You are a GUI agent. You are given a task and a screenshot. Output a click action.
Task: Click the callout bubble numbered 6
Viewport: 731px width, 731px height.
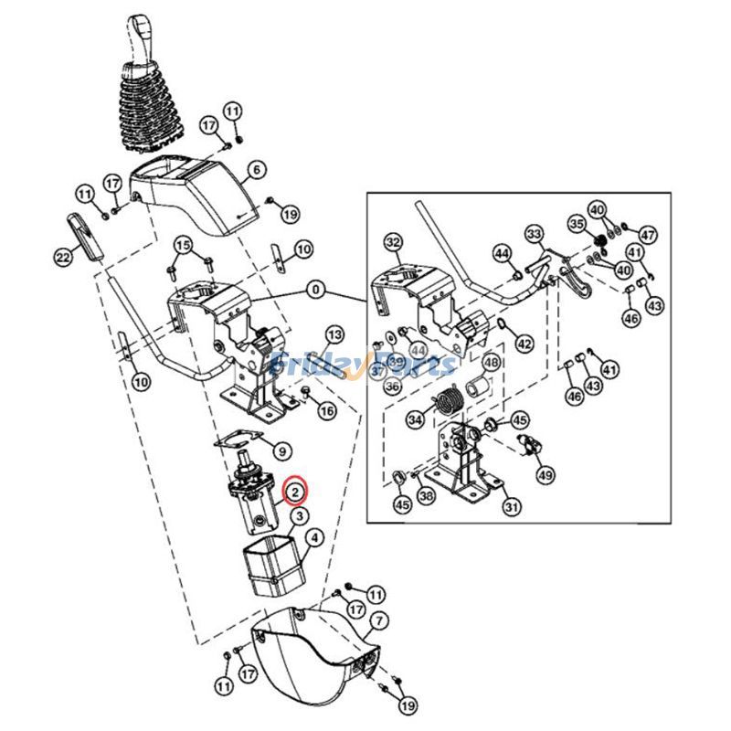[x=255, y=169]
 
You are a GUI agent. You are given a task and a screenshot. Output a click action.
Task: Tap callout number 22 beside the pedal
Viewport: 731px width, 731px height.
[x=63, y=259]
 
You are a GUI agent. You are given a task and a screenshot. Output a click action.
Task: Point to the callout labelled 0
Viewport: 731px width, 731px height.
[x=315, y=290]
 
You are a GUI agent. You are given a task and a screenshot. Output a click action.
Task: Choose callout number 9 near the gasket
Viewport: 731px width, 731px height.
[x=281, y=450]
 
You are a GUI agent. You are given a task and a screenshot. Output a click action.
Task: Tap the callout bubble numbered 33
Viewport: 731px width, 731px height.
[x=534, y=234]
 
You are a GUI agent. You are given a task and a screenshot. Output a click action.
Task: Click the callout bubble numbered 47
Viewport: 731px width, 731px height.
[x=648, y=235]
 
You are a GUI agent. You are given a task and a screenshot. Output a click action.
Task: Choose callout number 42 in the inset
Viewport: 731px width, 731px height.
[x=524, y=344]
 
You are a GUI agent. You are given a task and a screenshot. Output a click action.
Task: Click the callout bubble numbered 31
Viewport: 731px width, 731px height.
[x=511, y=507]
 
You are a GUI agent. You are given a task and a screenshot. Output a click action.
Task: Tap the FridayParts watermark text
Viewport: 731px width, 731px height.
[x=365, y=365]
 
